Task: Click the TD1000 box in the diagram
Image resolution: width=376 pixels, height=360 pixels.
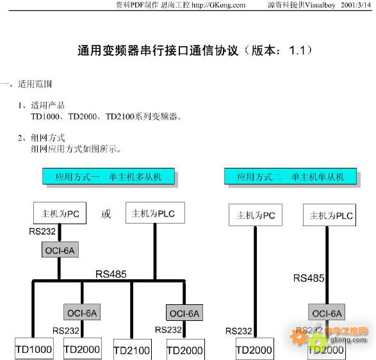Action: (34, 348)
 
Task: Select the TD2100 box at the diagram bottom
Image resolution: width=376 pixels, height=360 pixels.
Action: (133, 349)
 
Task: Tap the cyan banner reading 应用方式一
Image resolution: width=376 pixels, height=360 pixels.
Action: (108, 176)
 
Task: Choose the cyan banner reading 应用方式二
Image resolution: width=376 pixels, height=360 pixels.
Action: (290, 176)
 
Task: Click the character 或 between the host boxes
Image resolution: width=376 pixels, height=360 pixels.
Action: (106, 214)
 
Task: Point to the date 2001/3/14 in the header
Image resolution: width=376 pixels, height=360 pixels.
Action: (356, 5)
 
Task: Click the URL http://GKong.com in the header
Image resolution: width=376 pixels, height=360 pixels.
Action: (218, 5)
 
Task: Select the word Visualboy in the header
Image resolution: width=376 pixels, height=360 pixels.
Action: (320, 5)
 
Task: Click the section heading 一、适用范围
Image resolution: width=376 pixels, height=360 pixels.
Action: (26, 84)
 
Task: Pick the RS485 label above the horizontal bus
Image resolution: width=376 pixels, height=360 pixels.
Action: (111, 274)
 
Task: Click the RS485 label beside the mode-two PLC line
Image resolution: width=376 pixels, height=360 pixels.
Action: (309, 278)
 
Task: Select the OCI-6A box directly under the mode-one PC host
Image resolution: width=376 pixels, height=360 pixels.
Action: (60, 250)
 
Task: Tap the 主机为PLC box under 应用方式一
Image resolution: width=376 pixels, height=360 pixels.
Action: (155, 213)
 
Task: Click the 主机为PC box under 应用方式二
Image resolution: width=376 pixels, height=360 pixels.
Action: (256, 215)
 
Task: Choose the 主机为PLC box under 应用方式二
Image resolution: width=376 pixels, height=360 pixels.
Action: (329, 215)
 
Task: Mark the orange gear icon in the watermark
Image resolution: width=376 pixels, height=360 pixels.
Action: (298, 336)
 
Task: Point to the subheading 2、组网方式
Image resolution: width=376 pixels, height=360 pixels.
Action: (41, 138)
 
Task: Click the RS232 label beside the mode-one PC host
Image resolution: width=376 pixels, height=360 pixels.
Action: (42, 231)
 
